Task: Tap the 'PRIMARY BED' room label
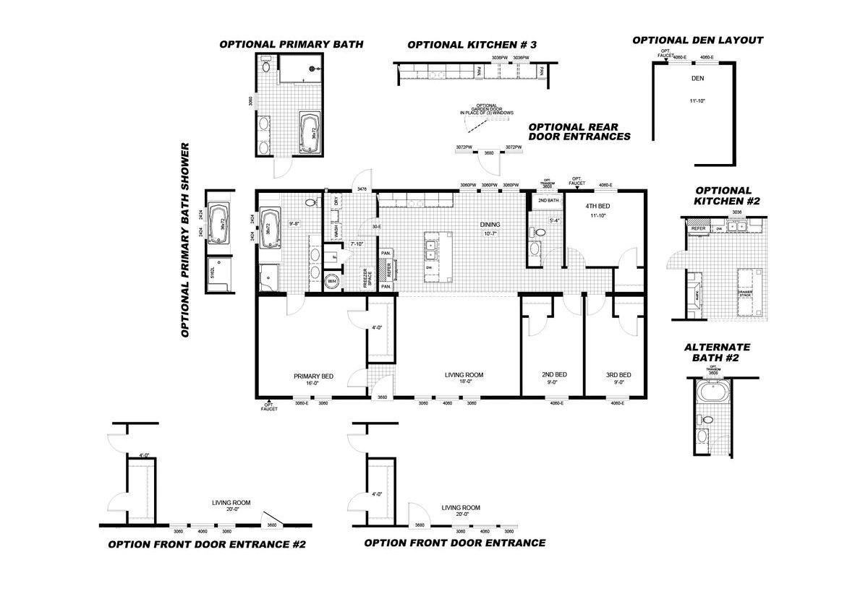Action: [313, 376]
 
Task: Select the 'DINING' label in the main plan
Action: [490, 225]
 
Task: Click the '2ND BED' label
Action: [554, 375]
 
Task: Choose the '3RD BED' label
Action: [618, 375]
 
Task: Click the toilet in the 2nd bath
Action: [539, 233]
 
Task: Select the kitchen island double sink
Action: [430, 249]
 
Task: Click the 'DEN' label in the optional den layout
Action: [697, 78]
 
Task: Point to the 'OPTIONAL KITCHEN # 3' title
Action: [472, 45]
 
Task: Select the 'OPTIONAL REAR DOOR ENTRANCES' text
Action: [579, 131]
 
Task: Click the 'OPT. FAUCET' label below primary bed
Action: [268, 407]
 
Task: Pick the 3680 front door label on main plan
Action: [383, 397]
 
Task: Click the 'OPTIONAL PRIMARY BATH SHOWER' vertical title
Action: [185, 239]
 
